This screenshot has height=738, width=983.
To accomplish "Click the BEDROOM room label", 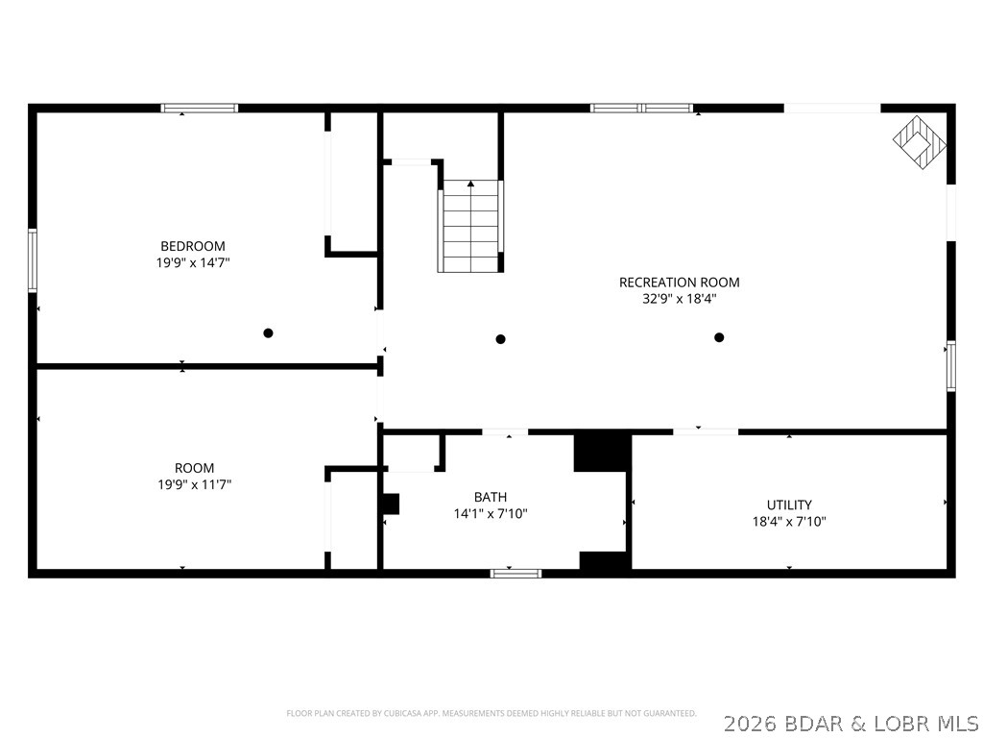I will click(x=193, y=246).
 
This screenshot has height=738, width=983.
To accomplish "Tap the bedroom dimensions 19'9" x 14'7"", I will click(x=193, y=262).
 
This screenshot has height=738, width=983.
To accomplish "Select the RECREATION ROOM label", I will click(x=679, y=283).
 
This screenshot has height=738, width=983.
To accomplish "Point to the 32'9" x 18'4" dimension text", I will click(x=679, y=299).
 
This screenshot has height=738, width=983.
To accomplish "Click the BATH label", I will click(x=491, y=497).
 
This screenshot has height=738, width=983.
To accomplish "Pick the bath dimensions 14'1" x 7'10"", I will click(x=491, y=514).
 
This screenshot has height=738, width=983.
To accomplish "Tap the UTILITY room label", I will click(x=789, y=504).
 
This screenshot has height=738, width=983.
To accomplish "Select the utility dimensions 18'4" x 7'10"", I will click(x=789, y=522).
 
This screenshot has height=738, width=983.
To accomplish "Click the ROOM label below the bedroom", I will click(x=194, y=468).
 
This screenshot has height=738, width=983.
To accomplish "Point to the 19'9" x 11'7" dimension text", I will click(x=194, y=485).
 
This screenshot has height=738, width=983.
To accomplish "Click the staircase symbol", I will click(x=470, y=227).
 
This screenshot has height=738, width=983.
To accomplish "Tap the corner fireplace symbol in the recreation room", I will click(x=920, y=142).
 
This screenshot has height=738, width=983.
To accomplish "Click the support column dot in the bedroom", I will click(x=269, y=333).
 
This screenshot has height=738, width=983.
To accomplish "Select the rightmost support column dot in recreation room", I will click(x=719, y=337).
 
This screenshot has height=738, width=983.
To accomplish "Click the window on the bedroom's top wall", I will click(x=199, y=108).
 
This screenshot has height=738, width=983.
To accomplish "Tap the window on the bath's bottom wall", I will click(x=515, y=574).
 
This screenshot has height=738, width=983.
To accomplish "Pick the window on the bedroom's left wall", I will click(x=33, y=259).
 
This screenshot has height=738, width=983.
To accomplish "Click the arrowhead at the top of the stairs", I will click(x=470, y=183).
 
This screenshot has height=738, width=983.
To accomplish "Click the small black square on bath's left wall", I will click(x=390, y=504).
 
